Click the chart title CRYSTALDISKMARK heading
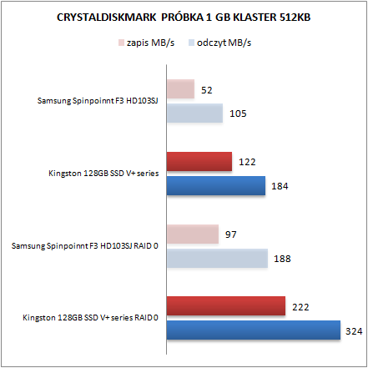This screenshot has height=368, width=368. (x=184, y=18)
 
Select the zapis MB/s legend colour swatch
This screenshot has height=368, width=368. (x=121, y=43)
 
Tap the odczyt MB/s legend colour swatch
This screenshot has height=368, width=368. (x=191, y=43)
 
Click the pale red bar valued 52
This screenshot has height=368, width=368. (x=180, y=88)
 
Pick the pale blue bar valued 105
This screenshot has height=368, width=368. (x=194, y=113)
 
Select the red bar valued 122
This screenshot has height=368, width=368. (x=199, y=162)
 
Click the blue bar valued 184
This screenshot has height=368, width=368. (x=216, y=185)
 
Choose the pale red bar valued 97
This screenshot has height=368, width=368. (x=193, y=234)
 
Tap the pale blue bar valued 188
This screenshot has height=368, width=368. (x=217, y=258)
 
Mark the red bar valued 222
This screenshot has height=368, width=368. (x=226, y=306)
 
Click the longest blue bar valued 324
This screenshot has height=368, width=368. (x=254, y=330)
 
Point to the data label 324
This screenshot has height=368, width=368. (x=354, y=331)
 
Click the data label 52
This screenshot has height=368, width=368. (x=207, y=90)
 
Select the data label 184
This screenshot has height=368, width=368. (x=280, y=186)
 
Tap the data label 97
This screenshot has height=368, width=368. (x=230, y=234)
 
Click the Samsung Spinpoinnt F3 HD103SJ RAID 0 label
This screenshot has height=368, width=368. (x=85, y=246)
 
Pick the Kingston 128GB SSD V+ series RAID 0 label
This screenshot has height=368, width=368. (x=90, y=317)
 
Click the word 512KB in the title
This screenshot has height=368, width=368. (x=295, y=18)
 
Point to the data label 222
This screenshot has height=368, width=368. (x=300, y=307)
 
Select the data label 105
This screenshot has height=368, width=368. (x=238, y=113)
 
